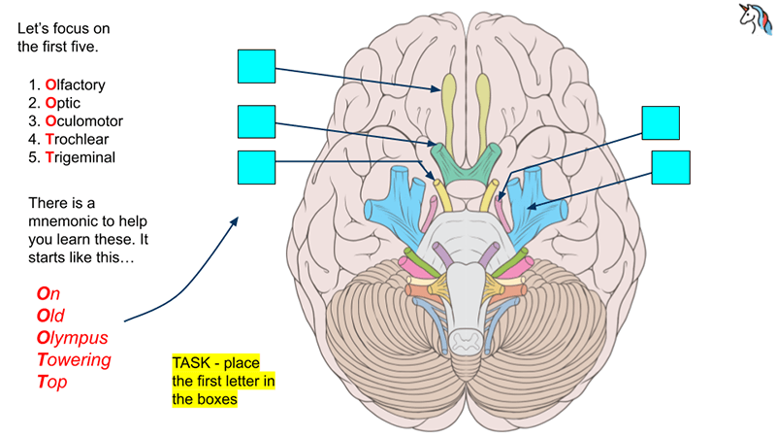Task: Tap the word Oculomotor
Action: pos(84,120)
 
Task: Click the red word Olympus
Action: pos(72,337)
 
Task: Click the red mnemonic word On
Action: pos(48,292)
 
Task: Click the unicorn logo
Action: pos(753,20)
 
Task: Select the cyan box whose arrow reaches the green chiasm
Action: pos(257,122)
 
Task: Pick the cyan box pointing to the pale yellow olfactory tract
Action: pos(257,66)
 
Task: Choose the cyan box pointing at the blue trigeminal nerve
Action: pos(670,167)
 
